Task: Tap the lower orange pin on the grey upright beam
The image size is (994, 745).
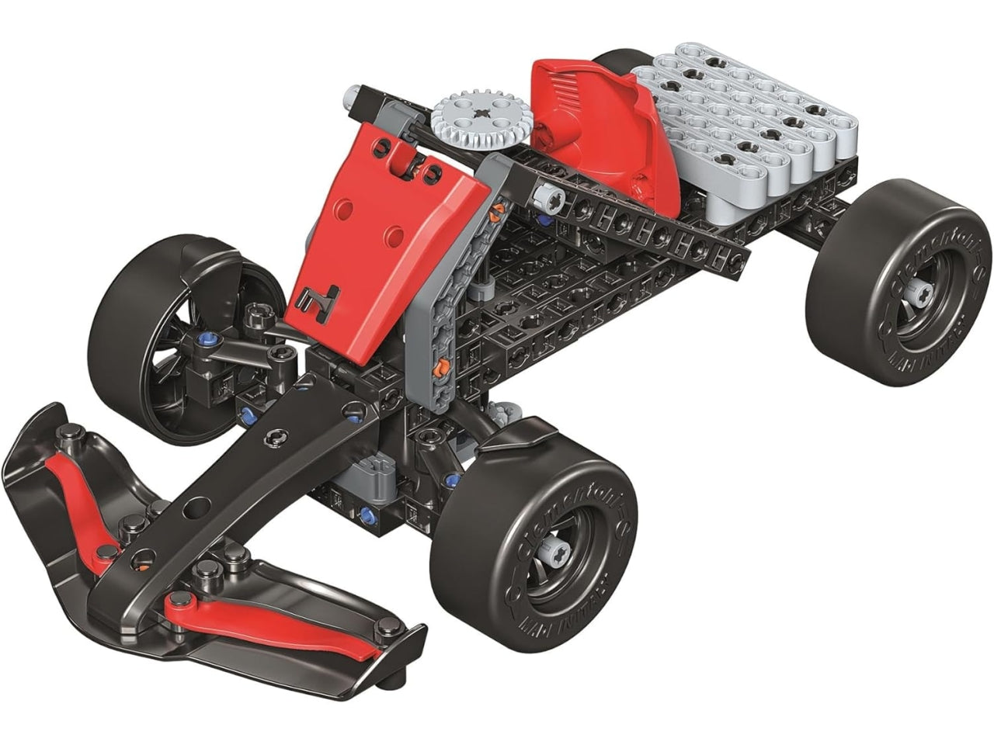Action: tap(441, 365)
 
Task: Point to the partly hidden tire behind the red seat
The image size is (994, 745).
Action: tap(621, 58)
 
